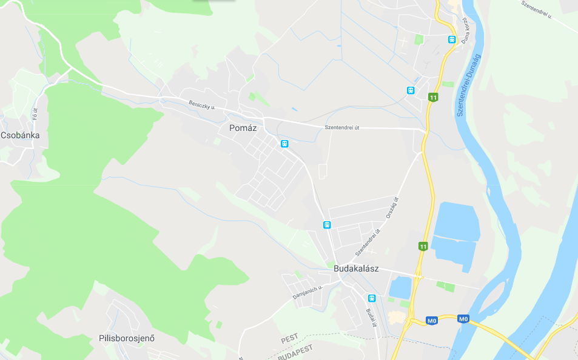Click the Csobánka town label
tap(20, 135)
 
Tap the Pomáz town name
tap(244, 128)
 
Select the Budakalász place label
tap(356, 268)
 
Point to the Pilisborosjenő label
tap(127, 338)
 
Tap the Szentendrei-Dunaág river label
tap(468, 85)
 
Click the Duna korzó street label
tap(466, 28)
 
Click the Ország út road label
tap(392, 208)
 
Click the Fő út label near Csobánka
tap(35, 113)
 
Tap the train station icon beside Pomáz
tap(284, 144)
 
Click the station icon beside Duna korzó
tap(452, 39)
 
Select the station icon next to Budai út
tap(372, 298)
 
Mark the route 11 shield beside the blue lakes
tap(423, 246)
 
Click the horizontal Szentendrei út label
tap(342, 127)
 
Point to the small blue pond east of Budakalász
tap(400, 287)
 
